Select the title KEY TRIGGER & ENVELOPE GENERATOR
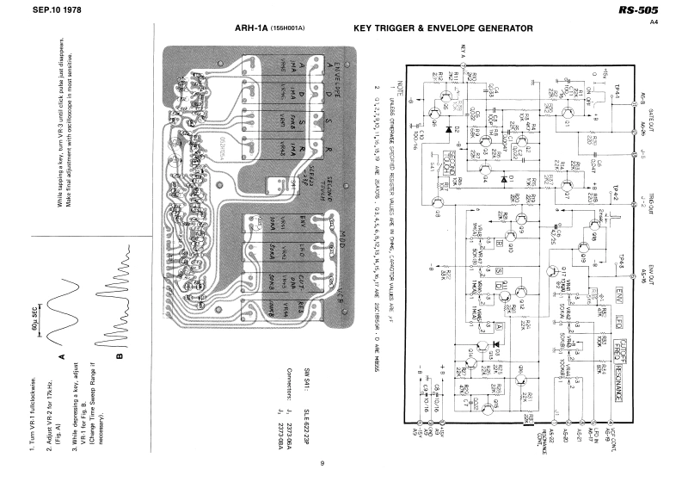pyautogui.click(x=443, y=28)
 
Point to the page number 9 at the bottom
pyautogui.click(x=322, y=465)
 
